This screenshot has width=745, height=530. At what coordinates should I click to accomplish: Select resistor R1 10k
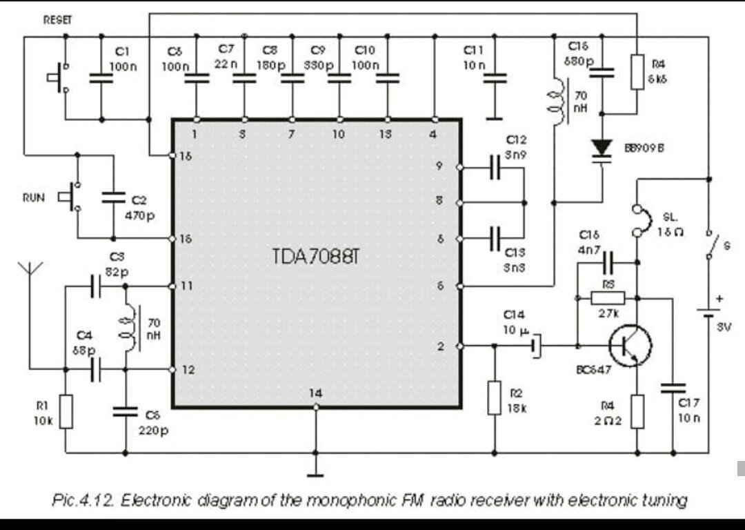click(x=66, y=411)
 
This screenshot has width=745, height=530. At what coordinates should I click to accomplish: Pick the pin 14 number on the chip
click(x=315, y=393)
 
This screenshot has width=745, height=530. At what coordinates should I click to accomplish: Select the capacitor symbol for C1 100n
click(x=101, y=78)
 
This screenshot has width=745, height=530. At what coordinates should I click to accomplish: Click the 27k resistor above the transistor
click(x=608, y=298)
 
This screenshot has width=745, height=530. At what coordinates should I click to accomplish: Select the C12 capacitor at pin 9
click(x=494, y=168)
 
